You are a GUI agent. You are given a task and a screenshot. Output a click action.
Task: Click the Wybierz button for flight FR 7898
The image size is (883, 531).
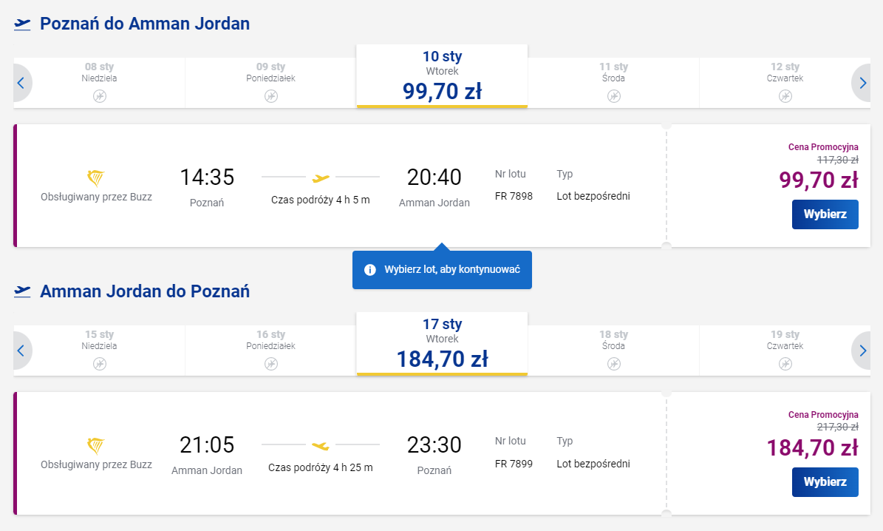pyautogui.click(x=825, y=214)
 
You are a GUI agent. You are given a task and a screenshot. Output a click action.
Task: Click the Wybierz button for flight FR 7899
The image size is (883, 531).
pyautogui.click(x=825, y=482)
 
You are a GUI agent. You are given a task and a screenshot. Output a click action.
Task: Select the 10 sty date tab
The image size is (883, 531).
pyautogui.click(x=442, y=76)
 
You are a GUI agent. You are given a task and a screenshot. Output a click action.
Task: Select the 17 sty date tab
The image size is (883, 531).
pyautogui.click(x=442, y=344)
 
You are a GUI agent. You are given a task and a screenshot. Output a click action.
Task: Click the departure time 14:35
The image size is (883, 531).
pyautogui.click(x=207, y=177)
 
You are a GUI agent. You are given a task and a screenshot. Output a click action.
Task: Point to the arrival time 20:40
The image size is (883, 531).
pyautogui.click(x=434, y=177)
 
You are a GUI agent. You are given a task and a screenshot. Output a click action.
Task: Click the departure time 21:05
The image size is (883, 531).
pyautogui.click(x=207, y=445)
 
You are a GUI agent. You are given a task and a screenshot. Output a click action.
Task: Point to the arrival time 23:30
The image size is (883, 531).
pyautogui.click(x=434, y=445)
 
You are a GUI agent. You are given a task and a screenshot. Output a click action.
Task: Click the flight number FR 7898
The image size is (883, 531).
pyautogui.click(x=514, y=196)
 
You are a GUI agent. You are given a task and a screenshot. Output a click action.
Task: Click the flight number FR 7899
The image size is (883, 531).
pyautogui.click(x=514, y=464)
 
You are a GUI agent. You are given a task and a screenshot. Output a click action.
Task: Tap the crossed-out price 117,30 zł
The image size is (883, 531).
pyautogui.click(x=837, y=159)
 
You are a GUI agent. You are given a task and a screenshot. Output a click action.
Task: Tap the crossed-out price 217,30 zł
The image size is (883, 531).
pyautogui.click(x=837, y=427)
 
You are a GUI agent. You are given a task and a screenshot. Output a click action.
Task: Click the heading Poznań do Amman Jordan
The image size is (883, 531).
pyautogui.click(x=145, y=24)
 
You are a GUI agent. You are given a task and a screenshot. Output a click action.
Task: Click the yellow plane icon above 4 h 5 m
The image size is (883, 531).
pyautogui.click(x=321, y=177)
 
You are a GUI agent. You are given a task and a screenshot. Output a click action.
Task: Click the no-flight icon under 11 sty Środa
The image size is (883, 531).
pyautogui.click(x=614, y=96)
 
